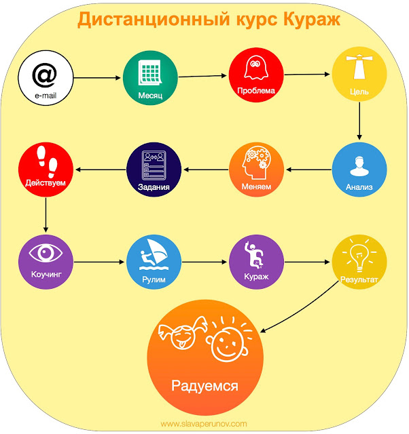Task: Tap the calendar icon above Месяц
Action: coord(150,71)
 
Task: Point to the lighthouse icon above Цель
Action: coord(359,68)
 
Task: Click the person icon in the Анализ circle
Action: coord(359,164)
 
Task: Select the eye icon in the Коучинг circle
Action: coord(44,254)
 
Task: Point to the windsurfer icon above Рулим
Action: coord(153,255)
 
